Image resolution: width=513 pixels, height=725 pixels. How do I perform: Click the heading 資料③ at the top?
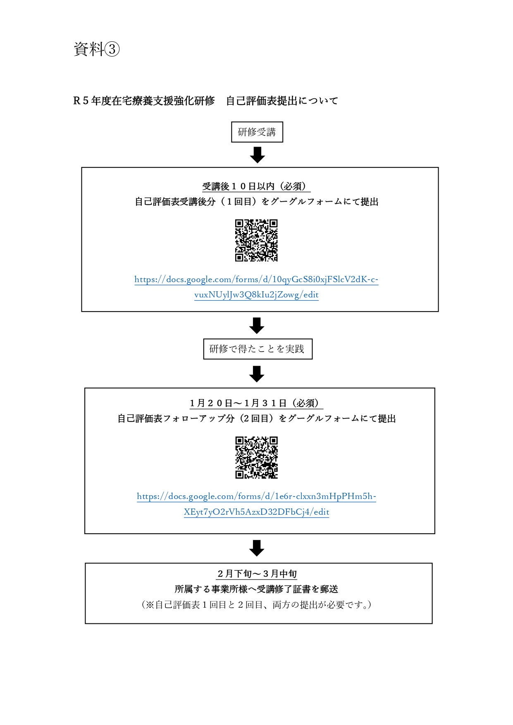(97, 49)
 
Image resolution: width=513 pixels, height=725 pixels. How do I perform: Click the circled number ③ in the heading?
(112, 50)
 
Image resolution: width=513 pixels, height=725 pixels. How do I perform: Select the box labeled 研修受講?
(257, 132)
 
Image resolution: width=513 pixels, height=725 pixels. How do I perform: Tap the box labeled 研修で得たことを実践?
(258, 349)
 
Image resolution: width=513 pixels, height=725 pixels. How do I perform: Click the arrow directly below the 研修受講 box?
(257, 155)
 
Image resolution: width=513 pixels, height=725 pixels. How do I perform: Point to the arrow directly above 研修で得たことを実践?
(257, 326)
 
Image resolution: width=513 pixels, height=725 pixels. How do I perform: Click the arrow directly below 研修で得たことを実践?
(257, 374)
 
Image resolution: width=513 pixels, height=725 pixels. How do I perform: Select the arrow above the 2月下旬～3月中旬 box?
(257, 548)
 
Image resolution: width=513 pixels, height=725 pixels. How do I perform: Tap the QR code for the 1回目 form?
(256, 240)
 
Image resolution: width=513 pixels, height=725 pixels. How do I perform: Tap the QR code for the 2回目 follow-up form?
(256, 458)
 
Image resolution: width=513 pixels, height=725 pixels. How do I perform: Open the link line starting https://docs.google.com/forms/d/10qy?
(256, 280)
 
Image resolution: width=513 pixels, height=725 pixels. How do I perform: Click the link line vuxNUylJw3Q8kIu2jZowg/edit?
(256, 295)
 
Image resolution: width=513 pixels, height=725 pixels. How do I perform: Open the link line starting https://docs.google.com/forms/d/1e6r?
(256, 497)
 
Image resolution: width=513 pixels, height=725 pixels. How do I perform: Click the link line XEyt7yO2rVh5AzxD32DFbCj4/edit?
(256, 512)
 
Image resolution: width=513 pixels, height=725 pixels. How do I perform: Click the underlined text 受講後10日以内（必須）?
(256, 187)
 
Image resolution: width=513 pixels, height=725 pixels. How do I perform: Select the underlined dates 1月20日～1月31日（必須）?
(256, 404)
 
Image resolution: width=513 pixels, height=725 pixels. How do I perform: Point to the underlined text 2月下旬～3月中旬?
(257, 574)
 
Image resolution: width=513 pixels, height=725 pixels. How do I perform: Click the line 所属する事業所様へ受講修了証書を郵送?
(256, 589)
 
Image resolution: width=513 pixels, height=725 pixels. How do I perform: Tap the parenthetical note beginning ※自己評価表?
(256, 605)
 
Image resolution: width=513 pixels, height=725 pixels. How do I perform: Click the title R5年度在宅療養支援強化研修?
(144, 101)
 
